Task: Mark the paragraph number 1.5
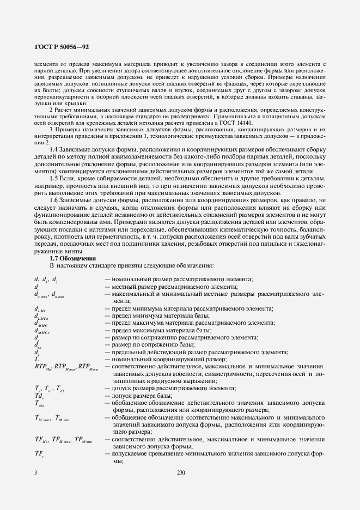click(54, 179)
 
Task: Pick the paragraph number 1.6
click(54, 201)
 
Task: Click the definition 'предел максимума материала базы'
click(155, 330)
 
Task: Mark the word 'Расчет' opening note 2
click(64, 110)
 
